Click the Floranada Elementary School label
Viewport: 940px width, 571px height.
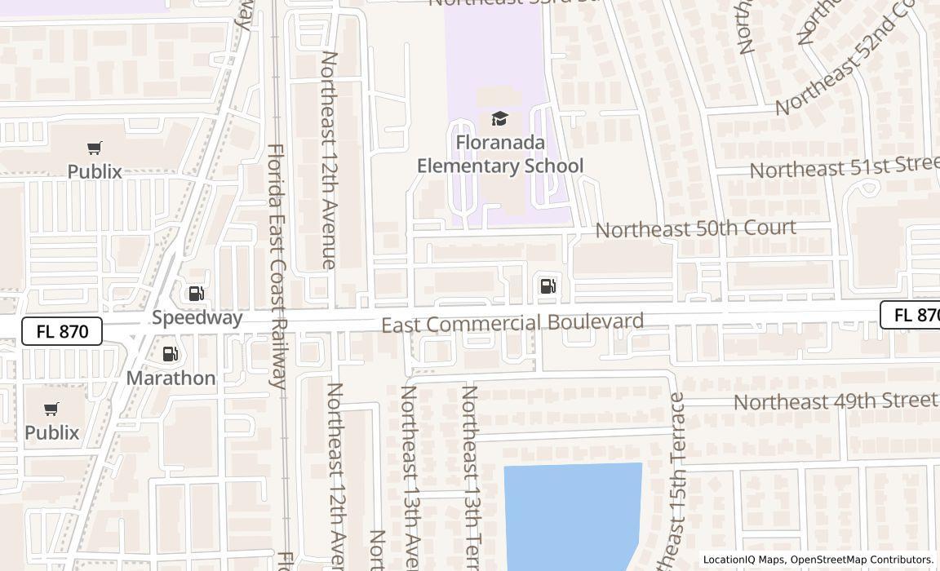tap(500, 154)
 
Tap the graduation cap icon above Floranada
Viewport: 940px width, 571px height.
tap(499, 119)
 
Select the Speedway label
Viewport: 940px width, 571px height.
tap(197, 317)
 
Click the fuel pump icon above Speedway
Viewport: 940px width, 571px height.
tap(196, 294)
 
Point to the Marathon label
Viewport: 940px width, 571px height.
tap(171, 378)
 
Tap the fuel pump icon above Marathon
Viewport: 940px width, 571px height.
tap(170, 354)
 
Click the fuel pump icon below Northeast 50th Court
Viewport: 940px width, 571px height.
tap(548, 285)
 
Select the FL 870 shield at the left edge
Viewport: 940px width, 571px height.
tap(62, 331)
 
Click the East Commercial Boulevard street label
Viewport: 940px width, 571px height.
tap(512, 323)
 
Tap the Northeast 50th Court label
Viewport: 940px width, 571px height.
tap(695, 228)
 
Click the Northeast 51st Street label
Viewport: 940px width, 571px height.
tap(844, 167)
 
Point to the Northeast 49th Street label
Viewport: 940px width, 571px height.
tap(835, 401)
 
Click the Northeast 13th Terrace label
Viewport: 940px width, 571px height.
tap(468, 477)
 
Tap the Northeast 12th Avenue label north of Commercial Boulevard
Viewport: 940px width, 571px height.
tap(328, 159)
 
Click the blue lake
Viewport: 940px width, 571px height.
tap(571, 514)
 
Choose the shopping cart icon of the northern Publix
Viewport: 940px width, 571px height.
tap(95, 148)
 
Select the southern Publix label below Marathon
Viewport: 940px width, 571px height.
tap(51, 432)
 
